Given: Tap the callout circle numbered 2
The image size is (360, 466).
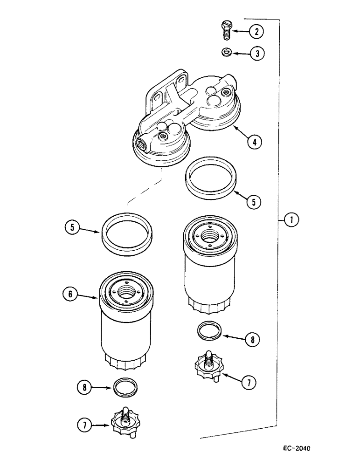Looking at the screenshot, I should (x=256, y=32).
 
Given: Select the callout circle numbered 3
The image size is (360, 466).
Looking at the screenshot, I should (x=256, y=54).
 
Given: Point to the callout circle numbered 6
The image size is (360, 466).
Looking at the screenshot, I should (x=72, y=294).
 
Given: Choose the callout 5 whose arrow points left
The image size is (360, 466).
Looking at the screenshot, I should (x=253, y=202).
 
